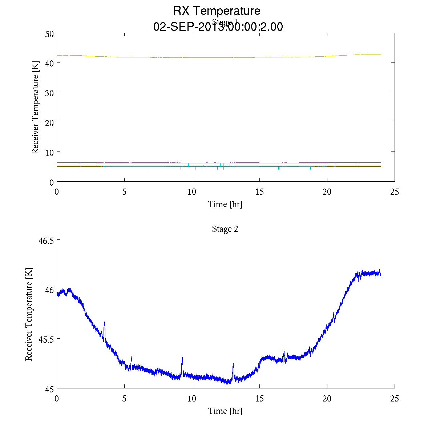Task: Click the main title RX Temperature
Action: [x=217, y=11]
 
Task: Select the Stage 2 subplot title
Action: [x=225, y=229]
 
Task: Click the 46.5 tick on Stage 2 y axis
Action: [x=46, y=241]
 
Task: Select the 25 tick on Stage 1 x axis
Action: [x=395, y=191]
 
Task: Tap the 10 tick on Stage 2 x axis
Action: [x=192, y=399]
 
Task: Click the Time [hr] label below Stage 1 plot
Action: [x=225, y=204]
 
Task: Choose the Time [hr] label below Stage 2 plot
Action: [x=225, y=411]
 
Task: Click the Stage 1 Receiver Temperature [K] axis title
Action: [x=35, y=108]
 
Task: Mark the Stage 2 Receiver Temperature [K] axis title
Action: [x=29, y=314]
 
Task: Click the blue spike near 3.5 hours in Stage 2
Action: [x=105, y=323]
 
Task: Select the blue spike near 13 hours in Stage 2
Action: [x=233, y=364]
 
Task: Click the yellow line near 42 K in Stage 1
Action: [x=218, y=57]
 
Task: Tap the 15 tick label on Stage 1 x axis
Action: [x=259, y=191]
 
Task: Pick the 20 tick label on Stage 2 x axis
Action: [x=327, y=399]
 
